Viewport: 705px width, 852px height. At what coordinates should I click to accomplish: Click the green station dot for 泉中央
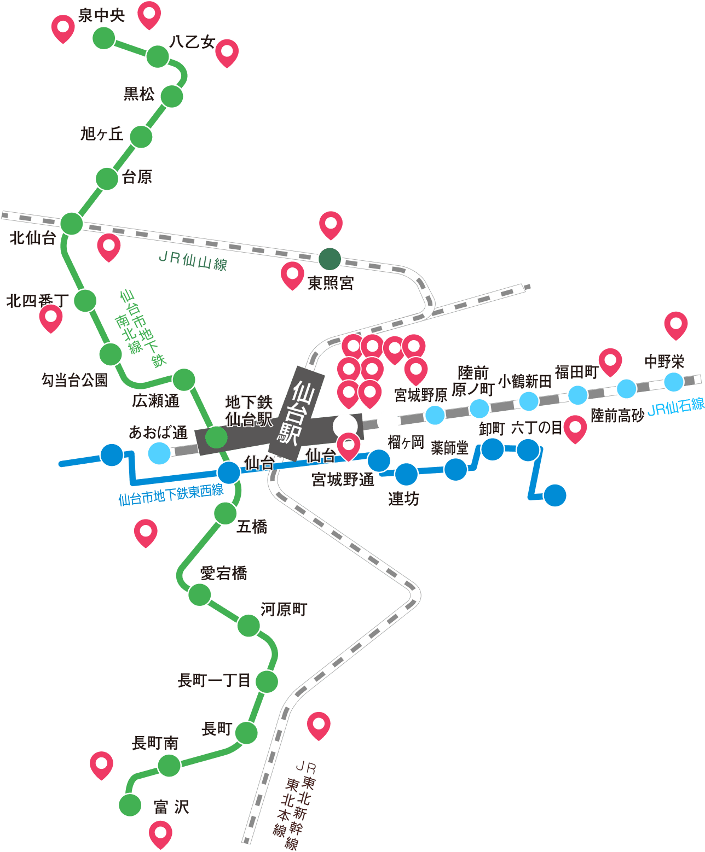(x=104, y=38)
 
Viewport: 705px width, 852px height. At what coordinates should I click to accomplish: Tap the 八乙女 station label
(x=192, y=42)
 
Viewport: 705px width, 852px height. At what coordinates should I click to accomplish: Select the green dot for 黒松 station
(x=171, y=96)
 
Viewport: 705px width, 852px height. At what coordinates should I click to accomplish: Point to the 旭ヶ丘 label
(x=102, y=134)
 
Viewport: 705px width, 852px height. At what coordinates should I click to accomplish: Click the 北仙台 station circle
(x=72, y=224)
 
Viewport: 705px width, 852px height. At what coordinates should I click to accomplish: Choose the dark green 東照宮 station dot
(x=330, y=259)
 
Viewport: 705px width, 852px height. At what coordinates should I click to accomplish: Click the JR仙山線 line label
(x=193, y=261)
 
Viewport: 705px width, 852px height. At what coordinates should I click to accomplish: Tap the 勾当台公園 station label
(x=74, y=380)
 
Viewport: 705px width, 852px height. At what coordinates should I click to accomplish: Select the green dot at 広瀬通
(x=184, y=380)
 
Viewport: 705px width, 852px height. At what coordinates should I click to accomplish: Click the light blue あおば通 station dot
(x=159, y=453)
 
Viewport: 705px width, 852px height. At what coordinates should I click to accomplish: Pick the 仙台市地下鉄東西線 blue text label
(x=171, y=494)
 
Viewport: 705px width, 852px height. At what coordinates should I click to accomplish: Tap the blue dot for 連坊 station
(x=407, y=474)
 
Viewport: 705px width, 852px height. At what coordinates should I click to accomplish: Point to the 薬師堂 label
(x=449, y=448)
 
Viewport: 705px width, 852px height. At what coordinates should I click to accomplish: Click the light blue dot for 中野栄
(x=674, y=382)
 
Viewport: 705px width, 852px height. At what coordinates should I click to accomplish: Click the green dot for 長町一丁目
(x=267, y=681)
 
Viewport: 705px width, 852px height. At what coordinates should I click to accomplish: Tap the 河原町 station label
(x=284, y=609)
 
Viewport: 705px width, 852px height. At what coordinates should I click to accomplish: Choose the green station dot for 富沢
(x=130, y=805)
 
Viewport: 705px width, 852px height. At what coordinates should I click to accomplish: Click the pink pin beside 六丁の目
(x=575, y=429)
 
